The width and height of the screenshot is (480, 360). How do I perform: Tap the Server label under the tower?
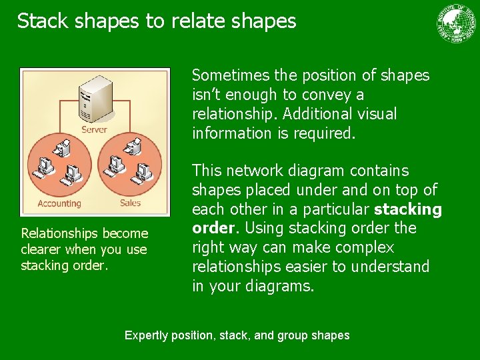pos(94,129)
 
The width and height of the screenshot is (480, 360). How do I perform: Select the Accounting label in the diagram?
pos(59,203)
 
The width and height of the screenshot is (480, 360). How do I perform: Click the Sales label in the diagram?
pos(130,203)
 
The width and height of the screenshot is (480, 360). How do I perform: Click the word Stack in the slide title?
pos(41,21)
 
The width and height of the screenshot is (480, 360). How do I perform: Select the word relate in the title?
pos(193,21)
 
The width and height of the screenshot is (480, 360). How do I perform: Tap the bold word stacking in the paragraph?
pos(408,209)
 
